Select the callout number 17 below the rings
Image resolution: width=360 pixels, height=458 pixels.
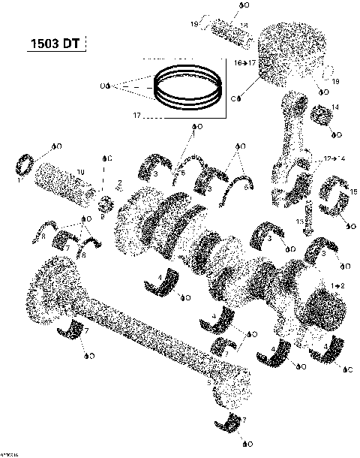[x=137, y=115]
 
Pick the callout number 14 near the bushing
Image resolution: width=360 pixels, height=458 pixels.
[x=334, y=107]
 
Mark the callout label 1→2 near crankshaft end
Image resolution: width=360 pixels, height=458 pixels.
[x=337, y=287]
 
